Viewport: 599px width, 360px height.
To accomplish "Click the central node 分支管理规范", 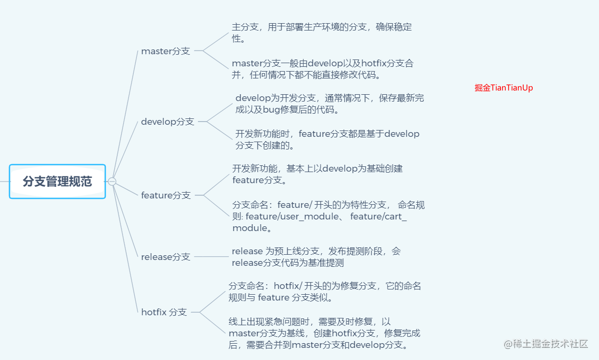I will click(57, 182).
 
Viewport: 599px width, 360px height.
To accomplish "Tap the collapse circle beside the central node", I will click(112, 182).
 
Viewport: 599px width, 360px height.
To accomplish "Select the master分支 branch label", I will click(165, 51).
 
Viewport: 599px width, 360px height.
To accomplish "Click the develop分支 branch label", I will click(167, 122).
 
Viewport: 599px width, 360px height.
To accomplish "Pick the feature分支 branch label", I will click(166, 195).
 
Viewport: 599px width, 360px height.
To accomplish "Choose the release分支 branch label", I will click(165, 257).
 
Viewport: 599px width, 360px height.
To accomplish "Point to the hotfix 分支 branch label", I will click(164, 312).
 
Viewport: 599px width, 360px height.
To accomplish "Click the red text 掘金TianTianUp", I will click(503, 88).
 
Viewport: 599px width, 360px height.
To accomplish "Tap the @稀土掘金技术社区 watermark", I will click(545, 344).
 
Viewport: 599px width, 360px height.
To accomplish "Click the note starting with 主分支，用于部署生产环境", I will click(322, 33).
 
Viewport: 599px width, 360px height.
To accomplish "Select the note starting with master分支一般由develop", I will click(323, 69).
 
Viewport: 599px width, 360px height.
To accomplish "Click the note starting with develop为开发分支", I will click(330, 104).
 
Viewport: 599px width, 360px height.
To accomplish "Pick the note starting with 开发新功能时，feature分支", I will click(327, 139).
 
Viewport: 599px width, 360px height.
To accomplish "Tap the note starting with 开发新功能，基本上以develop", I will click(317, 174).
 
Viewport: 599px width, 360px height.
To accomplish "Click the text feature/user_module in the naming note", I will click(292, 217).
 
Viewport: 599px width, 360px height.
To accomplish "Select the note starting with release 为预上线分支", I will click(316, 257).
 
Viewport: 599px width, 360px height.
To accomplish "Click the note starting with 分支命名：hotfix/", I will click(324, 292).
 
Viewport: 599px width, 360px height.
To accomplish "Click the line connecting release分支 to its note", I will click(211, 257).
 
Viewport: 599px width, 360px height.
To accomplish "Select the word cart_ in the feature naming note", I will click(395, 217).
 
